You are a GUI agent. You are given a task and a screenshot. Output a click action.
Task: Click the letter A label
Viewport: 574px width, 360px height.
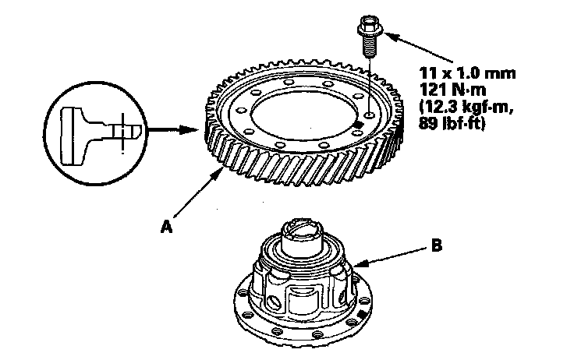(x=165, y=226)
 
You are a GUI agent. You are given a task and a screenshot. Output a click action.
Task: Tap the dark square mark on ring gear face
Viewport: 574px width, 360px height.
(x=357, y=124)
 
